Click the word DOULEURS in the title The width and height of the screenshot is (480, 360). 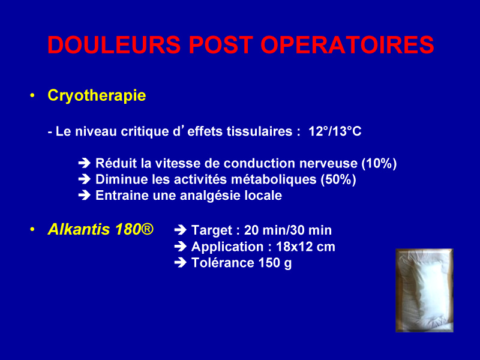(x=114, y=44)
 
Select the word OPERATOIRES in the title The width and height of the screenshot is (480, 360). (x=347, y=44)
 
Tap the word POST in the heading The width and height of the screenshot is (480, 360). (x=220, y=44)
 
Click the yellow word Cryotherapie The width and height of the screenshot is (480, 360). (x=97, y=95)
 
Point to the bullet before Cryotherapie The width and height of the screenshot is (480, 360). (x=32, y=95)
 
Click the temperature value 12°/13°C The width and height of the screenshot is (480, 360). (x=335, y=131)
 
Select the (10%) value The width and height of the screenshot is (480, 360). (x=379, y=163)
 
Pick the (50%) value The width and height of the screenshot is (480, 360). (x=338, y=179)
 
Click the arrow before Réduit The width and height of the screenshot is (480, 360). (x=85, y=163)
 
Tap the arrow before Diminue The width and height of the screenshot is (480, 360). (x=85, y=179)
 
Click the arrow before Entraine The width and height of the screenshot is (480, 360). (x=85, y=196)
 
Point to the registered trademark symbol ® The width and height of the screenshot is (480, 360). (x=148, y=229)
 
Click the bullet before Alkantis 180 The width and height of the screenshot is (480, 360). (x=32, y=229)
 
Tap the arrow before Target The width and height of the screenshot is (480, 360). (x=181, y=230)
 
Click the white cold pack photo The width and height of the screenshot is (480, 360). (x=424, y=290)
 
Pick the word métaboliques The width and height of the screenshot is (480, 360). (x=274, y=179)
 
